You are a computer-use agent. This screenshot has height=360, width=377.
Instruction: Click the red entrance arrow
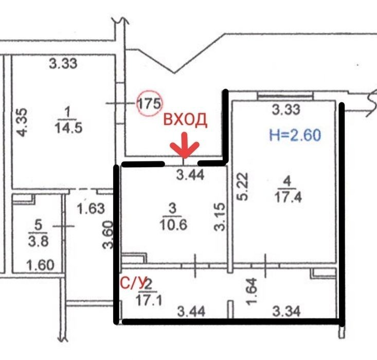click(x=185, y=146)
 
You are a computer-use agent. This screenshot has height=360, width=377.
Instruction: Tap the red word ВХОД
click(x=185, y=119)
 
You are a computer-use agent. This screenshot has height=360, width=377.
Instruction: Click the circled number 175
click(x=150, y=103)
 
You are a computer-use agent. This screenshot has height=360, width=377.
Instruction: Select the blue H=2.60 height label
click(x=295, y=135)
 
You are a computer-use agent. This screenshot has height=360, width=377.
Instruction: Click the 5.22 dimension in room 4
click(x=242, y=187)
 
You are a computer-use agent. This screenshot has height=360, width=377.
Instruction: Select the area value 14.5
click(x=68, y=127)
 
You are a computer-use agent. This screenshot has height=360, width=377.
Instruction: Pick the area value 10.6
click(x=173, y=225)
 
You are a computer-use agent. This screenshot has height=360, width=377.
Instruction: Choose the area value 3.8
click(x=39, y=241)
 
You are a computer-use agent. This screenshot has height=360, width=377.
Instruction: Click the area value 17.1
click(x=149, y=300)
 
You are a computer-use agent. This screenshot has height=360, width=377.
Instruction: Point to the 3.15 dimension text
click(x=220, y=217)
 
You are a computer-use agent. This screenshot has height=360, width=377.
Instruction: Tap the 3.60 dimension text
click(x=107, y=235)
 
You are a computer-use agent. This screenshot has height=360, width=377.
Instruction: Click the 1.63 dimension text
click(x=91, y=208)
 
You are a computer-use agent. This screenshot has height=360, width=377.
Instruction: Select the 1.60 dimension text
click(x=41, y=265)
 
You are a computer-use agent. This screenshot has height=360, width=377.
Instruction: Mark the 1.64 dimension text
click(x=252, y=292)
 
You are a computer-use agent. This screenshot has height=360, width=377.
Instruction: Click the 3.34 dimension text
click(x=286, y=311)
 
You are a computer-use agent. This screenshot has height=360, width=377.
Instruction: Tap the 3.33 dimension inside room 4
click(x=286, y=110)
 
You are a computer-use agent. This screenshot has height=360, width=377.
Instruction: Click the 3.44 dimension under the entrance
click(x=190, y=175)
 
